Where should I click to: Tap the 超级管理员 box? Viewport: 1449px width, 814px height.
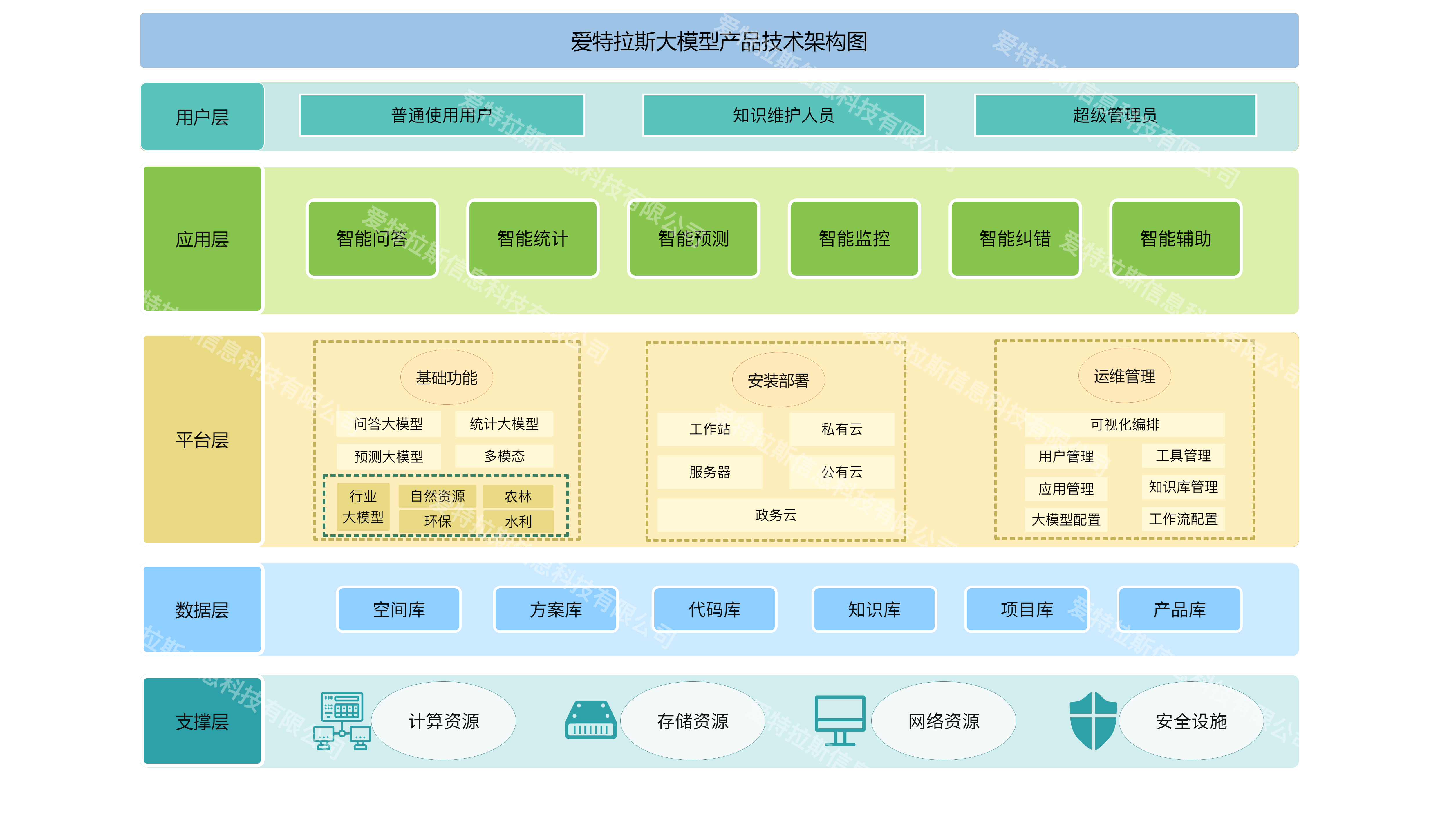[1115, 115]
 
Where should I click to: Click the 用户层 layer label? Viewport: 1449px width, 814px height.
[202, 117]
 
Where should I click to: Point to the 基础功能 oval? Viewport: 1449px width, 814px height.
[447, 377]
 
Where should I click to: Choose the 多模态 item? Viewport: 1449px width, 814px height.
[504, 456]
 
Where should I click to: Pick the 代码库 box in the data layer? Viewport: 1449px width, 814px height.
[714, 609]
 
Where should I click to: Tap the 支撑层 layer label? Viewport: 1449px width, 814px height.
[202, 721]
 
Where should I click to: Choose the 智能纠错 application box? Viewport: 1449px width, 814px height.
[1015, 238]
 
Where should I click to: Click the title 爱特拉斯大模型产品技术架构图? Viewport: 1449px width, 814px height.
[719, 41]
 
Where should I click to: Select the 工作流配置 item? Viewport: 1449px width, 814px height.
[1183, 519]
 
